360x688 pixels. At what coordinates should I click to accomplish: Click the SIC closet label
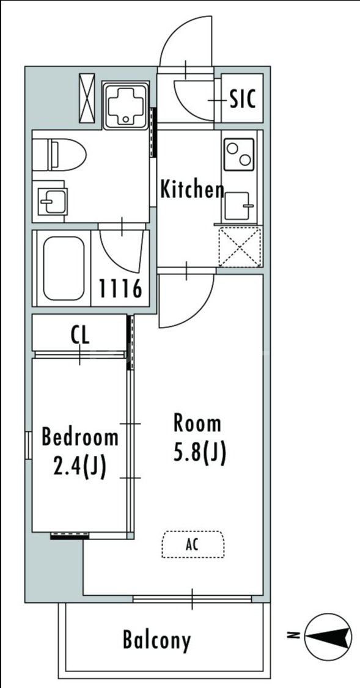(x=243, y=99)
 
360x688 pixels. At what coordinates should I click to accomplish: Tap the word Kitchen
(x=192, y=189)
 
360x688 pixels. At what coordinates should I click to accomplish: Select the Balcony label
(x=156, y=640)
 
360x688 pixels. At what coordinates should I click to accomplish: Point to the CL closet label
(x=80, y=335)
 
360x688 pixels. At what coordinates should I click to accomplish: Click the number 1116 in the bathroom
(x=120, y=288)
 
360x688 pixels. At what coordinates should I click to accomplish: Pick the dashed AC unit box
(x=193, y=544)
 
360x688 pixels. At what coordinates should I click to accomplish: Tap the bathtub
(x=64, y=268)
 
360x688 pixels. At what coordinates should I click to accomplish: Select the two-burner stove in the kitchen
(x=239, y=154)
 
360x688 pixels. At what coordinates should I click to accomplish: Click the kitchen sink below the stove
(x=237, y=206)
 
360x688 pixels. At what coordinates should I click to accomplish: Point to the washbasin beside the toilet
(x=53, y=202)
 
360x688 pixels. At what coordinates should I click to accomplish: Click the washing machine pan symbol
(x=125, y=106)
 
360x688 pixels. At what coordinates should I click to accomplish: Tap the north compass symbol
(x=328, y=636)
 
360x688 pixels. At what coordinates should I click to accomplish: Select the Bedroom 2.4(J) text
(x=80, y=452)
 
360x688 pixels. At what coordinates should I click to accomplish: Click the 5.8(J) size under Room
(x=199, y=453)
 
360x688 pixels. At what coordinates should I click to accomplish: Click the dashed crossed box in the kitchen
(x=240, y=247)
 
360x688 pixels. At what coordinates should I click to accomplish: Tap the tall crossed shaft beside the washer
(x=87, y=98)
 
